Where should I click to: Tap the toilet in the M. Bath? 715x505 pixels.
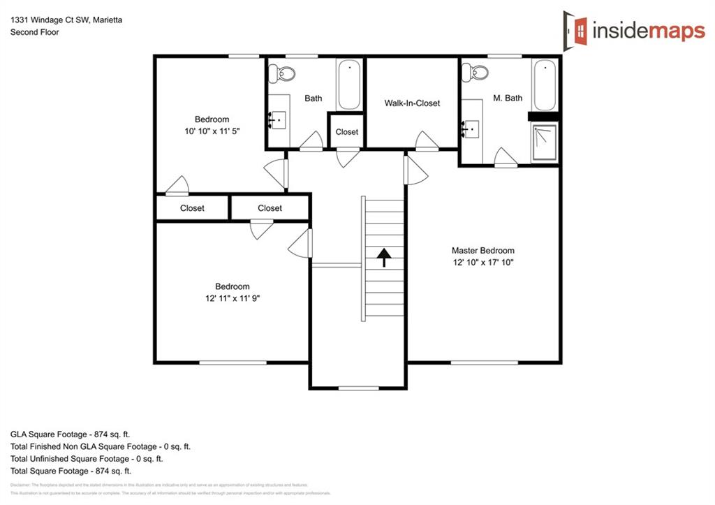(x=478, y=72)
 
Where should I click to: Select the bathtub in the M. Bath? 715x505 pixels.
(x=545, y=85)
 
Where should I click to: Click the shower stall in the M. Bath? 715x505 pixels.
(x=544, y=143)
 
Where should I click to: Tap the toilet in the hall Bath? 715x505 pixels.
(x=284, y=72)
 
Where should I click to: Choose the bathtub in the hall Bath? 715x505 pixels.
(x=348, y=85)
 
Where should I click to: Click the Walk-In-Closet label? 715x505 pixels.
(x=412, y=103)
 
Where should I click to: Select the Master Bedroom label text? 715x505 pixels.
(x=482, y=250)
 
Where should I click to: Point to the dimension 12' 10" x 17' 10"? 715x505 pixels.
(x=482, y=263)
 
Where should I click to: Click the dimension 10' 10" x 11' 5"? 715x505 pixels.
(x=212, y=131)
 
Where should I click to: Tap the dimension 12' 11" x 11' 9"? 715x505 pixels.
(x=232, y=298)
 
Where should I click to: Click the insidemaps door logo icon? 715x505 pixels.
(x=576, y=29)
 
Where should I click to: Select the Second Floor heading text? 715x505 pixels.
(x=34, y=32)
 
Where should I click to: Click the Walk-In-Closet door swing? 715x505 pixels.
(x=427, y=142)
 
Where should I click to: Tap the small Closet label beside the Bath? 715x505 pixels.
(x=346, y=132)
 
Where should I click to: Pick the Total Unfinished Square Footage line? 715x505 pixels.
(x=87, y=459)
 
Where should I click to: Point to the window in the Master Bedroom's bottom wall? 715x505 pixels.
(x=484, y=363)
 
